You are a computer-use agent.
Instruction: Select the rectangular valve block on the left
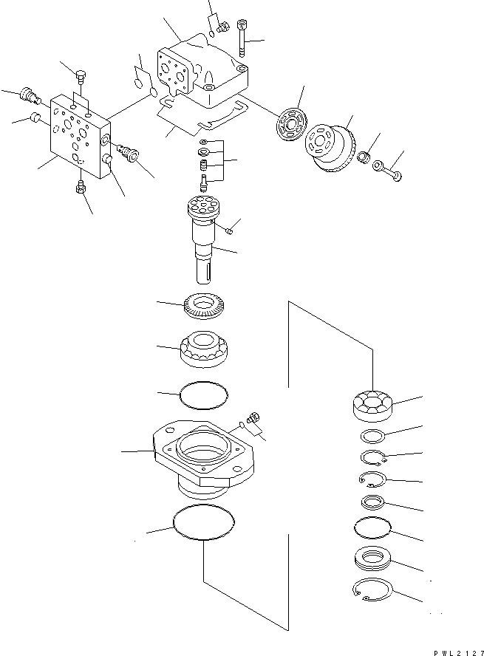[x=78, y=137]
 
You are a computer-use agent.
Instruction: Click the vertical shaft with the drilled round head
[x=204, y=236]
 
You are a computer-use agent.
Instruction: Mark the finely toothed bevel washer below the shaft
[x=204, y=307]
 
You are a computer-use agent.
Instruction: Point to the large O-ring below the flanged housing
[x=203, y=523]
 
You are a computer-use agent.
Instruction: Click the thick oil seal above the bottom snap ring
[x=374, y=558]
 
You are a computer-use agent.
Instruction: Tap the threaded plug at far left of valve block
[x=28, y=95]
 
